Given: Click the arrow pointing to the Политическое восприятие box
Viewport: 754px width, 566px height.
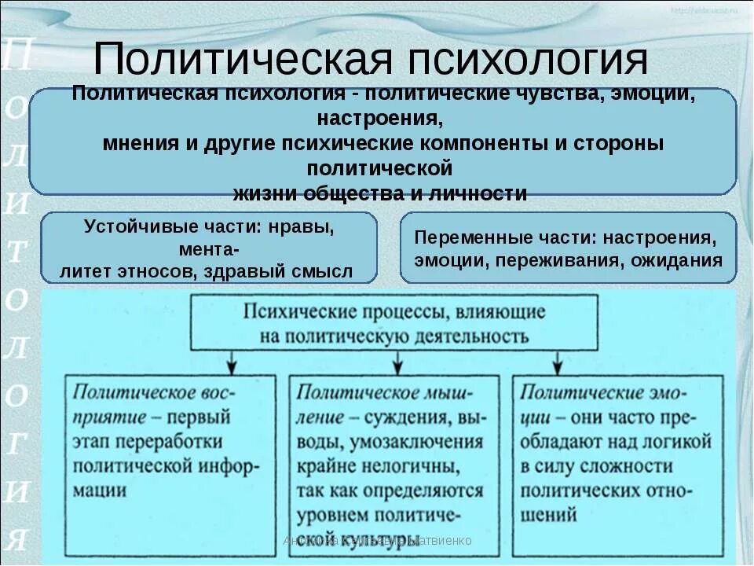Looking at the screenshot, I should point(232,362).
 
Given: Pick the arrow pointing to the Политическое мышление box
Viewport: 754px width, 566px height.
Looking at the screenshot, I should point(397,362).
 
